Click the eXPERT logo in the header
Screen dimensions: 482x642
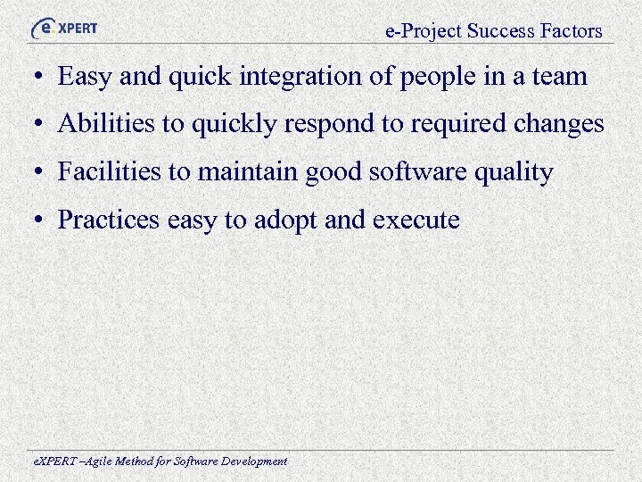tap(64, 28)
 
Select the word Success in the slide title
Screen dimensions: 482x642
tap(500, 31)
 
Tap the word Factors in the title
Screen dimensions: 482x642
tap(571, 31)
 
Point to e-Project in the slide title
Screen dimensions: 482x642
tap(424, 32)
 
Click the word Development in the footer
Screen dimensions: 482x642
tap(253, 462)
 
